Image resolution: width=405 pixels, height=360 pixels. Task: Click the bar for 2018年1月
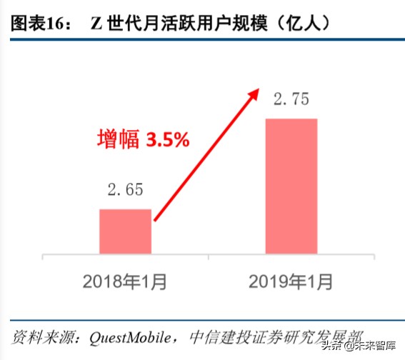[x=125, y=231]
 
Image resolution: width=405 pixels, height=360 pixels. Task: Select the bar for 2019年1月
[x=291, y=186]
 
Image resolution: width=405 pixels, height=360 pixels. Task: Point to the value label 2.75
[x=291, y=99]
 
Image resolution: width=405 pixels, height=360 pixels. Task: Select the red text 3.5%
[x=167, y=140]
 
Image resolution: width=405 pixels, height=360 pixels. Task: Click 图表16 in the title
[x=39, y=23]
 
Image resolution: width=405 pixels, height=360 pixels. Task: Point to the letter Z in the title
[x=96, y=23]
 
